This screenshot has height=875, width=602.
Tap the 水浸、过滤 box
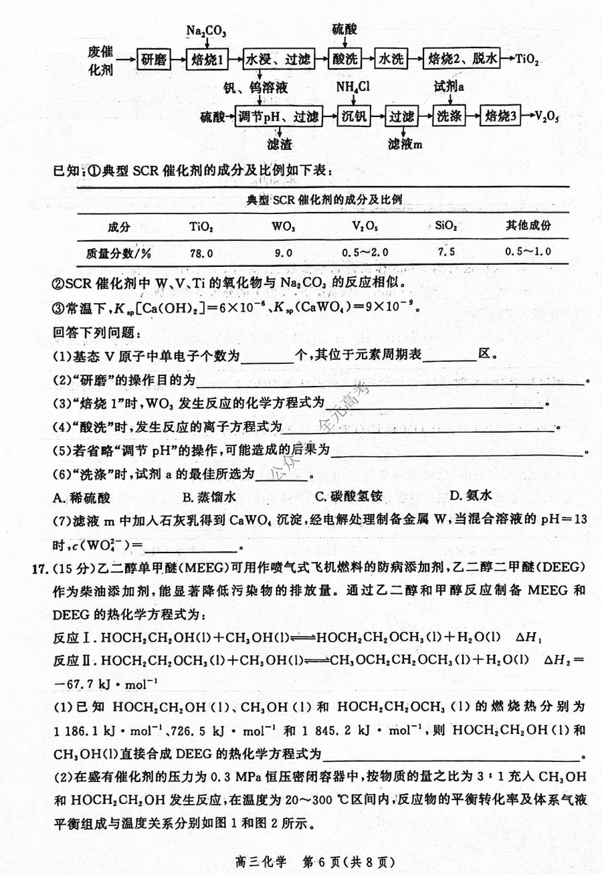(x=278, y=60)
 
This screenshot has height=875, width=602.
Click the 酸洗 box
(x=344, y=60)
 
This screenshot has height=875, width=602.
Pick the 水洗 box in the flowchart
(x=391, y=60)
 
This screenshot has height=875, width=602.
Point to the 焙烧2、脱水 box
(x=462, y=60)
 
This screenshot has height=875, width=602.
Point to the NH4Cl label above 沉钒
(x=353, y=88)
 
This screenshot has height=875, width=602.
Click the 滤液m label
(x=406, y=144)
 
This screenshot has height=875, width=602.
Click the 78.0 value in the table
(x=201, y=253)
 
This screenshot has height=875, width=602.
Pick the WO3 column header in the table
(x=284, y=226)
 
